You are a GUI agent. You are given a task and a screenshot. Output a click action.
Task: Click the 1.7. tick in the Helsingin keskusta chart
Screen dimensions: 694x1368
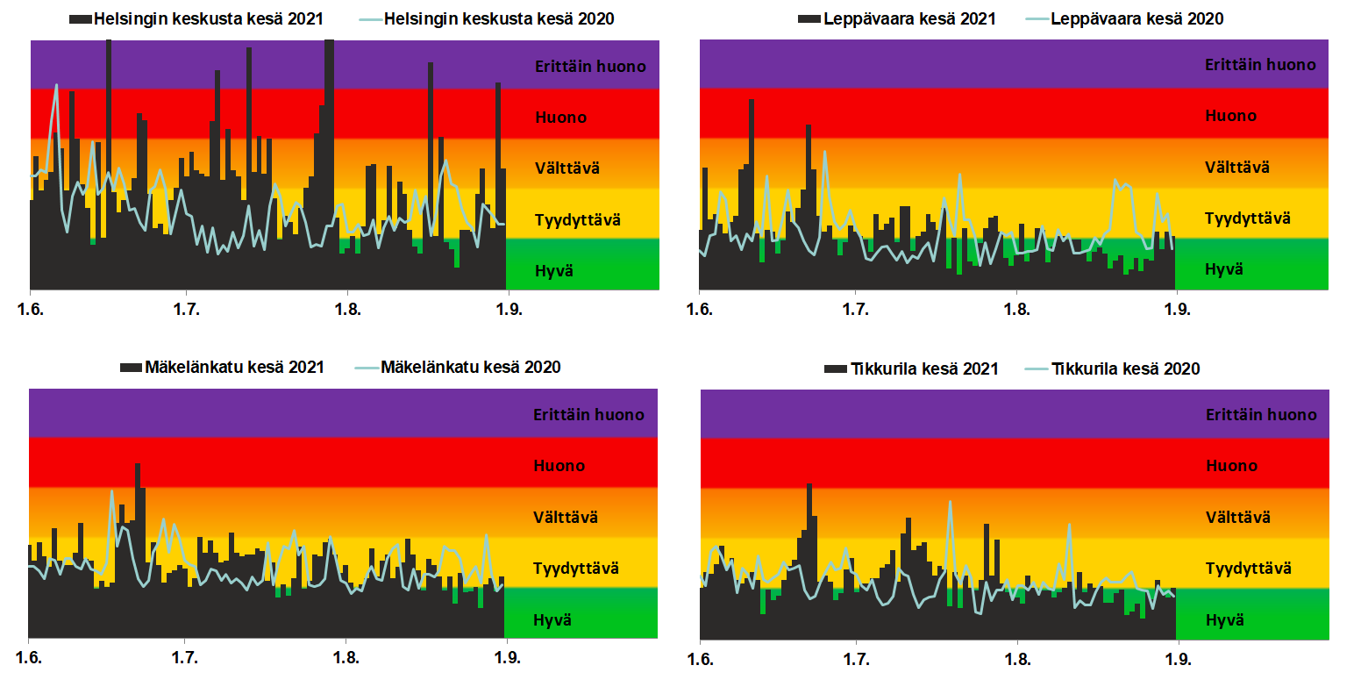coord(186,310)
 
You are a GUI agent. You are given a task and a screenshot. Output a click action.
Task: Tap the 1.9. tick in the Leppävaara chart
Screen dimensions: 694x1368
coord(1177,310)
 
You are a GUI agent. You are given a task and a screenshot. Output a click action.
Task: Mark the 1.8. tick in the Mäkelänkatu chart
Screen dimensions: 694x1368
coord(346,658)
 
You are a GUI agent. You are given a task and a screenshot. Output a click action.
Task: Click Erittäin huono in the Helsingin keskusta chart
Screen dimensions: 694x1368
coord(590,67)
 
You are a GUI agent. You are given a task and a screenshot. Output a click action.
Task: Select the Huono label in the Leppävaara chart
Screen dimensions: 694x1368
coord(1230,116)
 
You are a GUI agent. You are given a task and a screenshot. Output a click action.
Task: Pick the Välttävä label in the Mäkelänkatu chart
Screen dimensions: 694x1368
coord(566,518)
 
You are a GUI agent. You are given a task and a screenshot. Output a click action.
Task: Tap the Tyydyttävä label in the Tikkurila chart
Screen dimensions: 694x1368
coord(1249,569)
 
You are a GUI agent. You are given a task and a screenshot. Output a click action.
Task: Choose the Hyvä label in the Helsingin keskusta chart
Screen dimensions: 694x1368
coord(554,271)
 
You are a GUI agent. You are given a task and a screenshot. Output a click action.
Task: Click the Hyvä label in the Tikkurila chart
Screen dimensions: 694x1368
coord(1225,620)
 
